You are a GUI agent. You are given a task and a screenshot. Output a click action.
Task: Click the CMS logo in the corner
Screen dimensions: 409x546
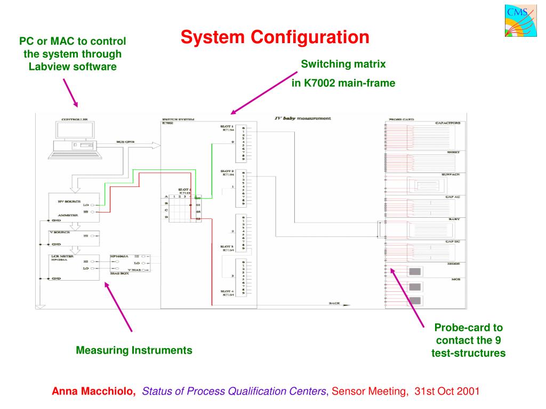point(517,21)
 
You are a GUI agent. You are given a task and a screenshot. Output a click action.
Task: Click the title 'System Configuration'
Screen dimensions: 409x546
point(275,37)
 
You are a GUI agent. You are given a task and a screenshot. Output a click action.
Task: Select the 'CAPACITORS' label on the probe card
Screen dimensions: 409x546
point(447,122)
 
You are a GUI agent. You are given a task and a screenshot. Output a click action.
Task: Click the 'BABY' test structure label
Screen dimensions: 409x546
point(454,219)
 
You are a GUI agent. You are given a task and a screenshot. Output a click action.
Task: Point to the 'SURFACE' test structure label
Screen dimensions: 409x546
point(451,174)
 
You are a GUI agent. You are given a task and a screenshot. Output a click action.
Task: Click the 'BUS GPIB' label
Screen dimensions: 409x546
point(126,142)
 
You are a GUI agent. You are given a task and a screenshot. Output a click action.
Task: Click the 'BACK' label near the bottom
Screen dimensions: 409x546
point(334,303)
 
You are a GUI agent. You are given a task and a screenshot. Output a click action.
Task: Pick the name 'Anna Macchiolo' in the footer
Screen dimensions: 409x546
point(93,391)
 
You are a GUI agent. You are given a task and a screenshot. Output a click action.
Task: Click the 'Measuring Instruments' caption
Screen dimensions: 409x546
point(134,350)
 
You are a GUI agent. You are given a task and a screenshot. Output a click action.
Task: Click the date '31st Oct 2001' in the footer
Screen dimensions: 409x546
point(447,391)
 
